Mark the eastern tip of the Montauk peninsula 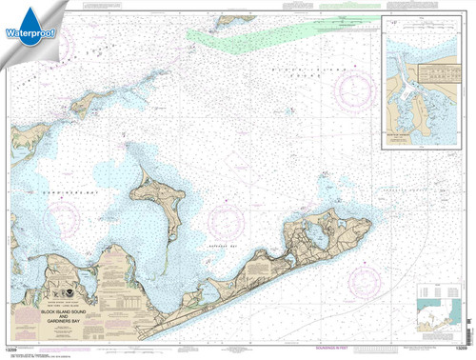tap(367, 196)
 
